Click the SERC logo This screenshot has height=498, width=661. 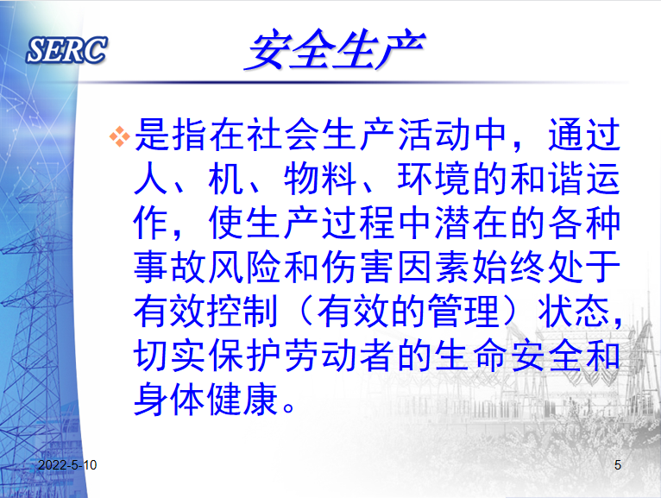click(66, 50)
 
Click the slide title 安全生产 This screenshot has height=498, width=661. click(335, 50)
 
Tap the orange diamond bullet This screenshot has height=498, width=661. click(120, 136)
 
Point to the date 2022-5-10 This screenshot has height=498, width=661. click(67, 464)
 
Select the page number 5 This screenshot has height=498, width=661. click(618, 464)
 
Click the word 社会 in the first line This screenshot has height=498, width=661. click(266, 135)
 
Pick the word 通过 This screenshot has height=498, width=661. click(584, 135)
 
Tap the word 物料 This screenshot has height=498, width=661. click(320, 179)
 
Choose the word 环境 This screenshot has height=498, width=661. click(434, 179)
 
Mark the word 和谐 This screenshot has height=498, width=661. click(547, 179)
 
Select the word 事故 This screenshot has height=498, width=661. click(170, 267)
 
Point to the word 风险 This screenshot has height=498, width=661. click(245, 267)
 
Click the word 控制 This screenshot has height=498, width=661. click(242, 312)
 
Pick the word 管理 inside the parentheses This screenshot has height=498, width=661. click(463, 312)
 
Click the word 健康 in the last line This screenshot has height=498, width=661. click(242, 399)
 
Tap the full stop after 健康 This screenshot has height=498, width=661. click(289, 407)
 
